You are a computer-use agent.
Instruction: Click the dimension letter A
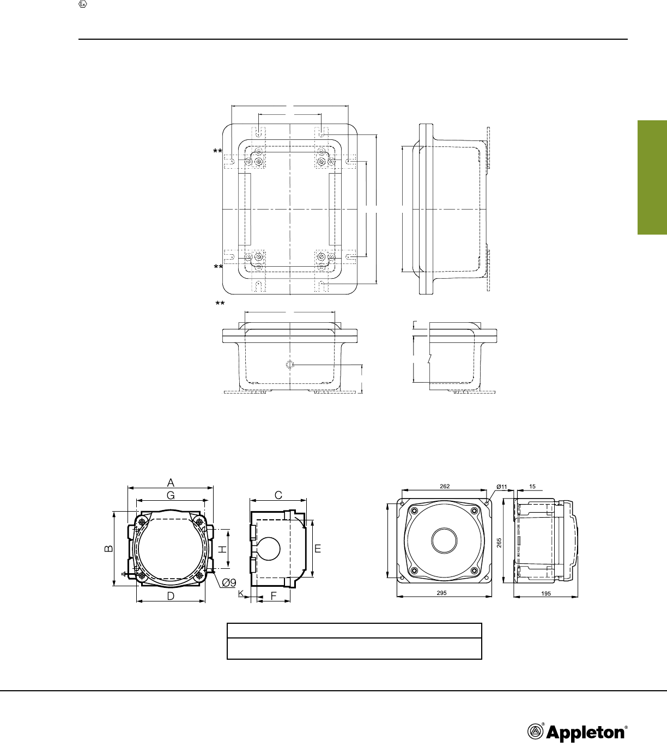point(171,482)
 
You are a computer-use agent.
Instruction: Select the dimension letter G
point(171,495)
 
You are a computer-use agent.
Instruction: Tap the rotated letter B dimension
point(109,548)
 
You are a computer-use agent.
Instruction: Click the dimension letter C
point(278,495)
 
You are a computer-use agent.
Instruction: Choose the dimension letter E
point(318,549)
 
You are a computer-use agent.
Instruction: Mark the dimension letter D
point(171,597)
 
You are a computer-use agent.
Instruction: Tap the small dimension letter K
point(241,593)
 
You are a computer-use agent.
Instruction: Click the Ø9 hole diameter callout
point(229,582)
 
